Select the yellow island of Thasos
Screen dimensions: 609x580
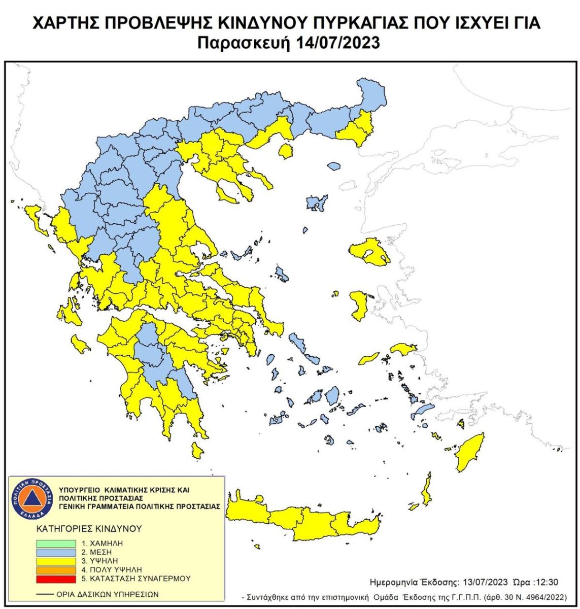pyautogui.click(x=287, y=151)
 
